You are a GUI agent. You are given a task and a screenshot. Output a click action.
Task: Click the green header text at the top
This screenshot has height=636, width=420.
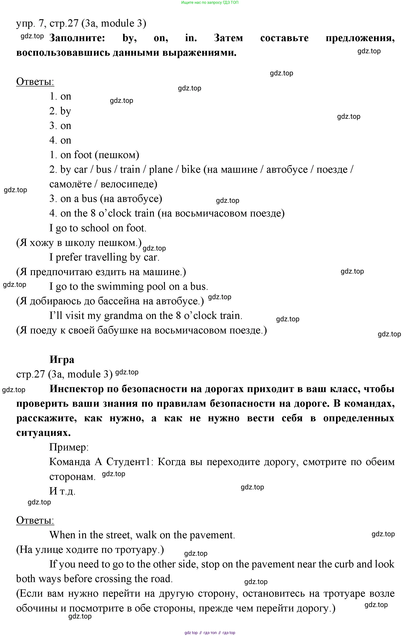[x=210, y=2]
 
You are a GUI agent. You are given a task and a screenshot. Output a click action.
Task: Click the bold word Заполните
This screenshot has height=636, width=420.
[x=77, y=38]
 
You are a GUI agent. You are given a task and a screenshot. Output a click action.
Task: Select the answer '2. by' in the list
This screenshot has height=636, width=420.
[x=60, y=111]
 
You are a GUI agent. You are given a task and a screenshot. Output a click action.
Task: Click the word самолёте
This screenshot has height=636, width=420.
[x=71, y=184]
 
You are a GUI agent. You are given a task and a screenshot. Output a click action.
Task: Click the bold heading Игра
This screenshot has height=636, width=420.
[x=62, y=360]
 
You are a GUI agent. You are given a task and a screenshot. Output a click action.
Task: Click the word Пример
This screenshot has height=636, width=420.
[x=69, y=447]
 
